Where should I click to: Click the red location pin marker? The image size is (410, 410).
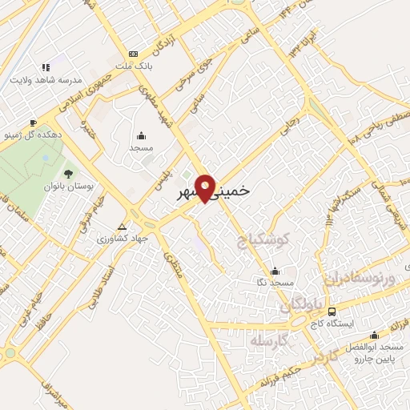point(206,187)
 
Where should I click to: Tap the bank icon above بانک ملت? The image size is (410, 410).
point(133,53)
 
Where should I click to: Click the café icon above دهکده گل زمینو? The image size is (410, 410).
point(32,123)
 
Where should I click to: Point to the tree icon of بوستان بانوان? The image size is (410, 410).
point(68,173)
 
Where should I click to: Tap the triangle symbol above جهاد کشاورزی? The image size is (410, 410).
point(122,226)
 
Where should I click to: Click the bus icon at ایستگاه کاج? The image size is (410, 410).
point(332,312)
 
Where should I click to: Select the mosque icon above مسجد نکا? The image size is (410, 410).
point(275,271)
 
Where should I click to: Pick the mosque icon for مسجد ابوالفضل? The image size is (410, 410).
point(373,335)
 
